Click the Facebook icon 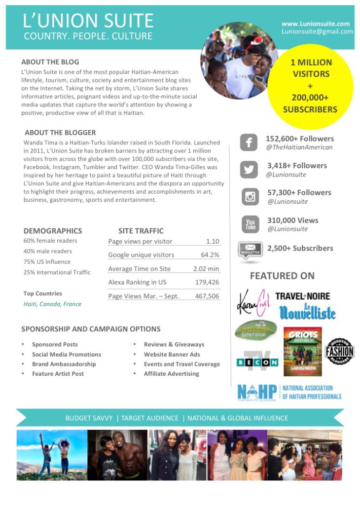[x=249, y=143]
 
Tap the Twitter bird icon [x=249, y=170]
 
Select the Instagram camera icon [x=250, y=197]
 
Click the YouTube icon [x=250, y=224]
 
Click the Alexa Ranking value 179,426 [x=206, y=282]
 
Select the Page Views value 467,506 [x=206, y=296]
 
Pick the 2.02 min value [x=206, y=269]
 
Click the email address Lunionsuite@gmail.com [x=317, y=32]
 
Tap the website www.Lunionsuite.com [x=316, y=23]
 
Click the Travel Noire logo [x=302, y=296]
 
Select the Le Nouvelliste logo [x=307, y=312]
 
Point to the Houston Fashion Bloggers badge [x=340, y=352]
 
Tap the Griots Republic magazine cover [x=302, y=352]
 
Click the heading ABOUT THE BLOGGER [x=60, y=133]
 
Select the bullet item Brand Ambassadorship [x=64, y=364]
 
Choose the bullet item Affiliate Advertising [x=171, y=374]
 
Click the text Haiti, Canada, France [x=52, y=304]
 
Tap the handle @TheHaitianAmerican [x=299, y=147]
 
